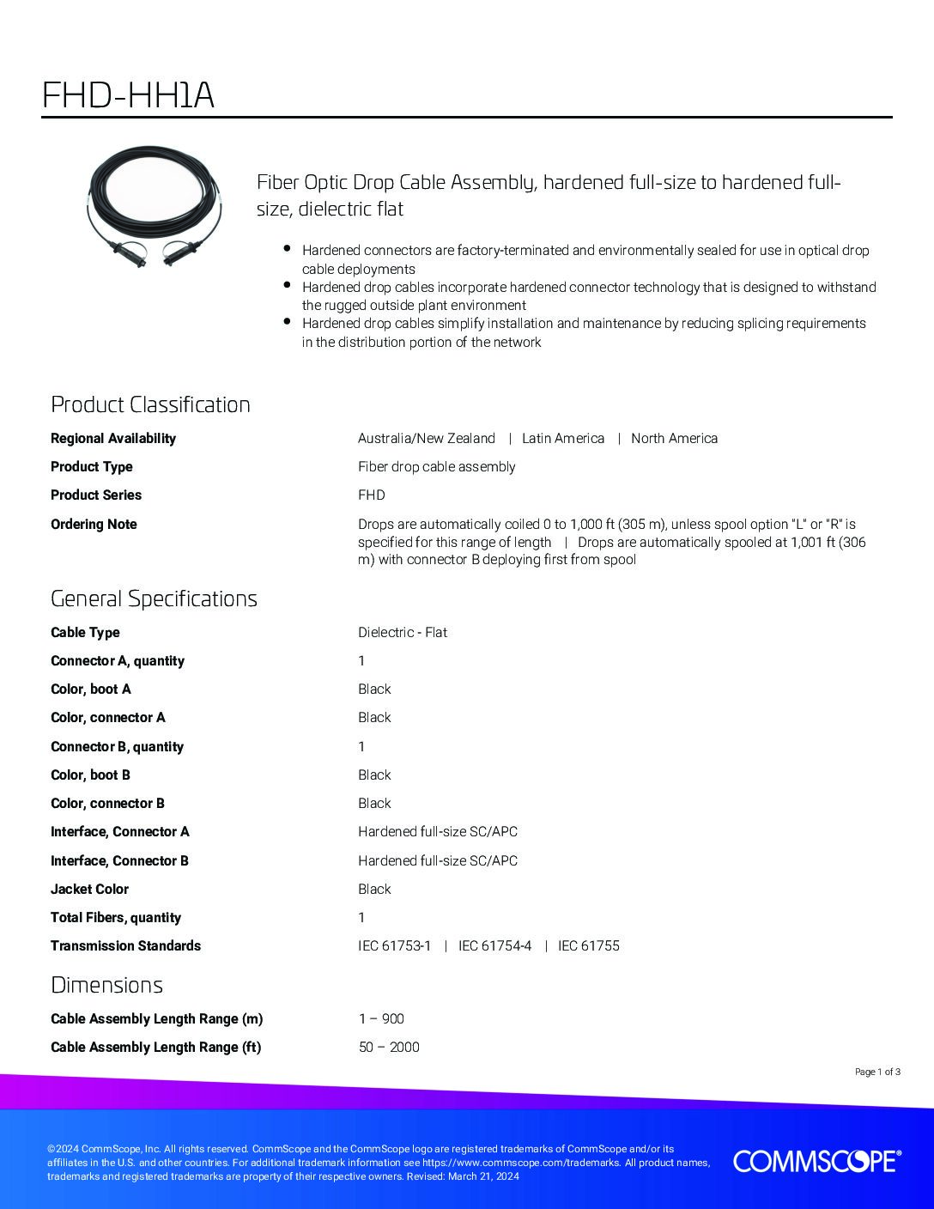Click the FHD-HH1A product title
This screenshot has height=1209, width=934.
point(128,95)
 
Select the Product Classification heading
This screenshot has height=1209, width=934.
point(150,404)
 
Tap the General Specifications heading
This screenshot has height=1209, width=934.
point(154,598)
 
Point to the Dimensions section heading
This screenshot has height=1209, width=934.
point(106,985)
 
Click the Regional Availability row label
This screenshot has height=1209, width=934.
point(113,438)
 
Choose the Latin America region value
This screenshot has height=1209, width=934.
point(563,438)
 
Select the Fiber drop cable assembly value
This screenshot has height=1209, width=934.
point(436,466)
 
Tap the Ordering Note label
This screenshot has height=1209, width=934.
point(94,524)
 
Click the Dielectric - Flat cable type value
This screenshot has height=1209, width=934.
point(403,632)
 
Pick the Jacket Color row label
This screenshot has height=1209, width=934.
point(89,889)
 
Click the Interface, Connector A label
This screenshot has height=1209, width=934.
point(120,831)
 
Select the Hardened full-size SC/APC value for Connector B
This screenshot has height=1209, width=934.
point(438,860)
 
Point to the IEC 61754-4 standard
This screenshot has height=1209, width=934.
point(494,945)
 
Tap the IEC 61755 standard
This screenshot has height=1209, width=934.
point(589,945)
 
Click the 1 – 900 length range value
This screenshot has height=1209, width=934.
point(381,1018)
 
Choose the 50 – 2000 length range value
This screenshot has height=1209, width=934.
point(389,1047)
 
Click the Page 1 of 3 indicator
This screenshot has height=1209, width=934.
point(877,1072)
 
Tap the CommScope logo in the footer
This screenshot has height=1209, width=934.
point(816,1161)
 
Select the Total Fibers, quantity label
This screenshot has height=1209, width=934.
point(116,917)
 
